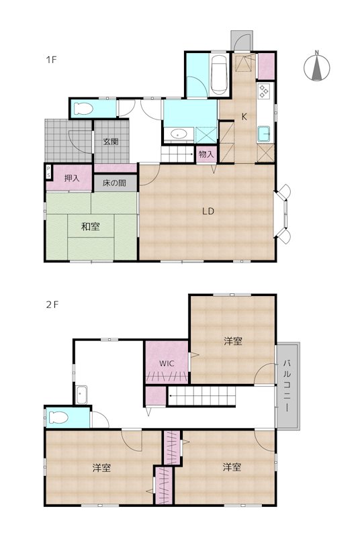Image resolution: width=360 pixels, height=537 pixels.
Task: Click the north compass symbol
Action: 317,66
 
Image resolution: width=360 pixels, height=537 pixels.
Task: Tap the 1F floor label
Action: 51,60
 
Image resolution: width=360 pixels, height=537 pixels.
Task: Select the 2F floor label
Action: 52,304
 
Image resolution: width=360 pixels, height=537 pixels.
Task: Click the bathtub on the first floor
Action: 219,75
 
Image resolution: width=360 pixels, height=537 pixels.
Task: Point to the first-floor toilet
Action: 83,109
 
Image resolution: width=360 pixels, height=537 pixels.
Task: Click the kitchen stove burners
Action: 265,91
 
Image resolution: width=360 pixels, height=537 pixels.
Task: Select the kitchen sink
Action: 264,134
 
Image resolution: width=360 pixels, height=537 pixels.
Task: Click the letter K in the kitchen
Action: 244,117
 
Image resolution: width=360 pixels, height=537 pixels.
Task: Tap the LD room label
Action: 208,211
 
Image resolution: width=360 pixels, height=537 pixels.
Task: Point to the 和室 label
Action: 91,226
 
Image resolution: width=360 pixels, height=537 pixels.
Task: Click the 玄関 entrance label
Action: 111,141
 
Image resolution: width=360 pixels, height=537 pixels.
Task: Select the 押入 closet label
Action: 72,178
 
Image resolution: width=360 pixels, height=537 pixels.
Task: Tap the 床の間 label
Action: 114,183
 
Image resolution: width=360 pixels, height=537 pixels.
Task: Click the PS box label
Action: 48,172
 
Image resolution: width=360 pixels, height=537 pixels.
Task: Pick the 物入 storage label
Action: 206,154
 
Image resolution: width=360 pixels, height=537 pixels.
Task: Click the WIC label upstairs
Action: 167,363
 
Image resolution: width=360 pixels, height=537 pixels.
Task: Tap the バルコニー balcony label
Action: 286,386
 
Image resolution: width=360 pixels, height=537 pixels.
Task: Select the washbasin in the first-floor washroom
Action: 178,134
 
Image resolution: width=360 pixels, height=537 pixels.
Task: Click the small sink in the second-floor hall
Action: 81,395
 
